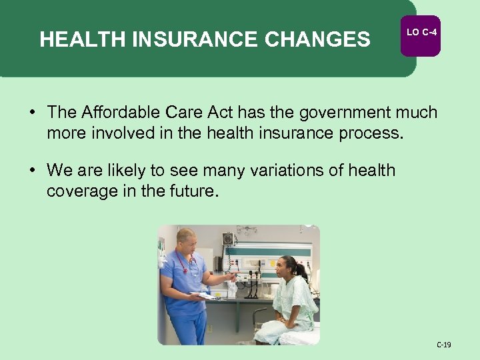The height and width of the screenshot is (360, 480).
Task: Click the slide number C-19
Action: coord(444,345)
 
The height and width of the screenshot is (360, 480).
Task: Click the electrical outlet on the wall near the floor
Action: coord(209,328)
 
